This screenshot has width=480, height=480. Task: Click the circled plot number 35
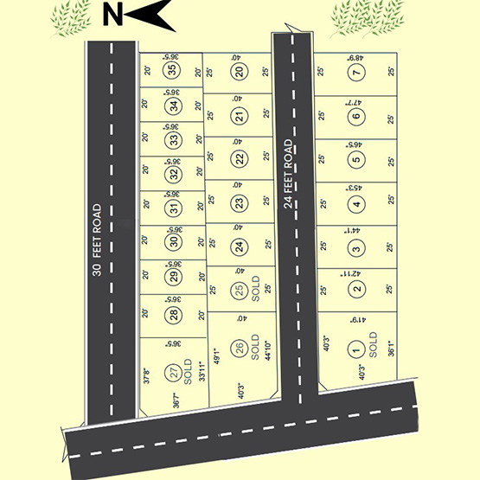coord(173,71)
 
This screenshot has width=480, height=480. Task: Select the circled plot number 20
coord(239,72)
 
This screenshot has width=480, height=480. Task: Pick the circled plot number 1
coord(355,350)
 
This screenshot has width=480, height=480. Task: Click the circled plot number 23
coord(239,203)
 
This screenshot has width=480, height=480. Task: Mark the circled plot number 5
coord(355,159)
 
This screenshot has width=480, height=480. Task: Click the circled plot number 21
coord(239,116)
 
